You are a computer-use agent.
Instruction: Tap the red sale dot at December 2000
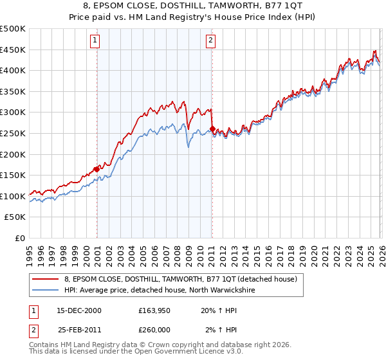tap(97, 169)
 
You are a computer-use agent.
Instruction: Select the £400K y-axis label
tap(13, 70)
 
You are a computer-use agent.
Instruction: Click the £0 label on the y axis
tap(20, 238)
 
